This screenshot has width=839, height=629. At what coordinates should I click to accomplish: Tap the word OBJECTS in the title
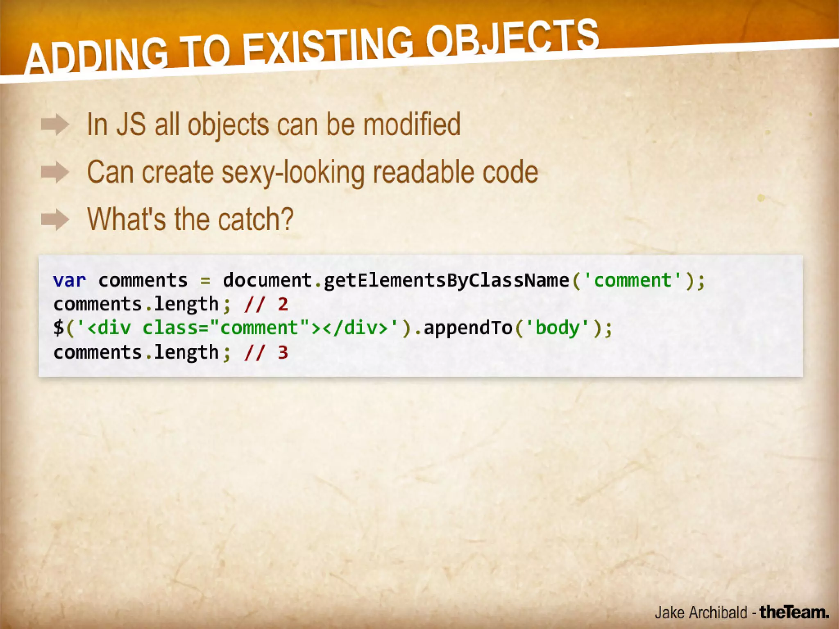point(512,39)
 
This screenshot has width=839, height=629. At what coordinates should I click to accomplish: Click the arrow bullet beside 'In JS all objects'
point(55,125)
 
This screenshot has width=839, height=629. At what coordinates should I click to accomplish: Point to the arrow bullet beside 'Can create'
point(55,172)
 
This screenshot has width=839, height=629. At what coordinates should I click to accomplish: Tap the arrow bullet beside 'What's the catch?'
point(55,220)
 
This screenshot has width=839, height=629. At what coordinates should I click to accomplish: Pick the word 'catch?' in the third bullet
point(256,220)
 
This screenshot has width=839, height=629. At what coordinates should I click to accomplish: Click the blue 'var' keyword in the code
point(70,281)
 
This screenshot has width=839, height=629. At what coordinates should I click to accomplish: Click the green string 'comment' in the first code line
point(633,281)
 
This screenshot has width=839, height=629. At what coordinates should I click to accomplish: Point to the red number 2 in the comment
point(283,304)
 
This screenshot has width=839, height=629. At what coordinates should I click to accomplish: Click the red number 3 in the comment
point(283,352)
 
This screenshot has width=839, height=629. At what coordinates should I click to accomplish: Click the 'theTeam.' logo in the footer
point(794,613)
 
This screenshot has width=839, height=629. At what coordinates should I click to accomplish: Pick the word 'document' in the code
point(267,281)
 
